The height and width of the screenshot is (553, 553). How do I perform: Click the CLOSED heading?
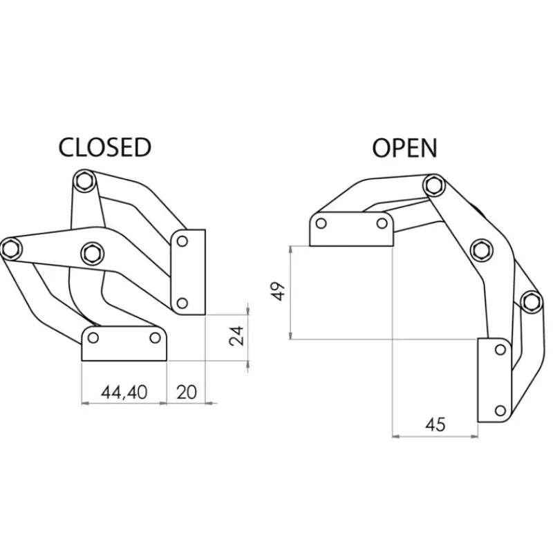click(105, 147)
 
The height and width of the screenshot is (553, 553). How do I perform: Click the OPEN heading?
click(404, 148)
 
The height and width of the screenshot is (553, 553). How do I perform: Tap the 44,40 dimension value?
click(124, 392)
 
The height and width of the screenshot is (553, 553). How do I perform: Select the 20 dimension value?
click(186, 392)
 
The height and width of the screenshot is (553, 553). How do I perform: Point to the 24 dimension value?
click(236, 336)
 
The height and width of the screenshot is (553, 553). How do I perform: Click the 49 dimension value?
click(279, 291)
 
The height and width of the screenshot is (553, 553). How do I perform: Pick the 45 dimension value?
click(435, 424)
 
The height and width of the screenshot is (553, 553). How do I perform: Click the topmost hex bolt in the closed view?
click(84, 181)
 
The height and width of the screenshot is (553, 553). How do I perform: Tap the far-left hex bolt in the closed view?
click(10, 248)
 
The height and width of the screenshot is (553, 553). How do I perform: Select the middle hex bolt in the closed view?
click(92, 253)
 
